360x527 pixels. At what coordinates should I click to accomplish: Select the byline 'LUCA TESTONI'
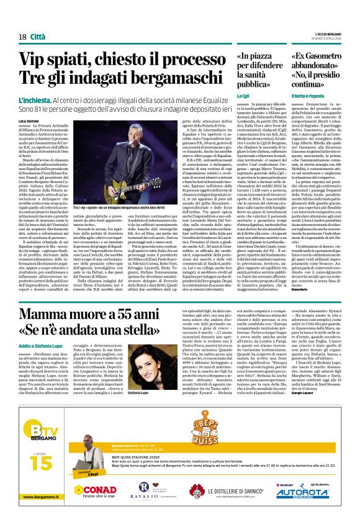pyautogui.click(x=29, y=120)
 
